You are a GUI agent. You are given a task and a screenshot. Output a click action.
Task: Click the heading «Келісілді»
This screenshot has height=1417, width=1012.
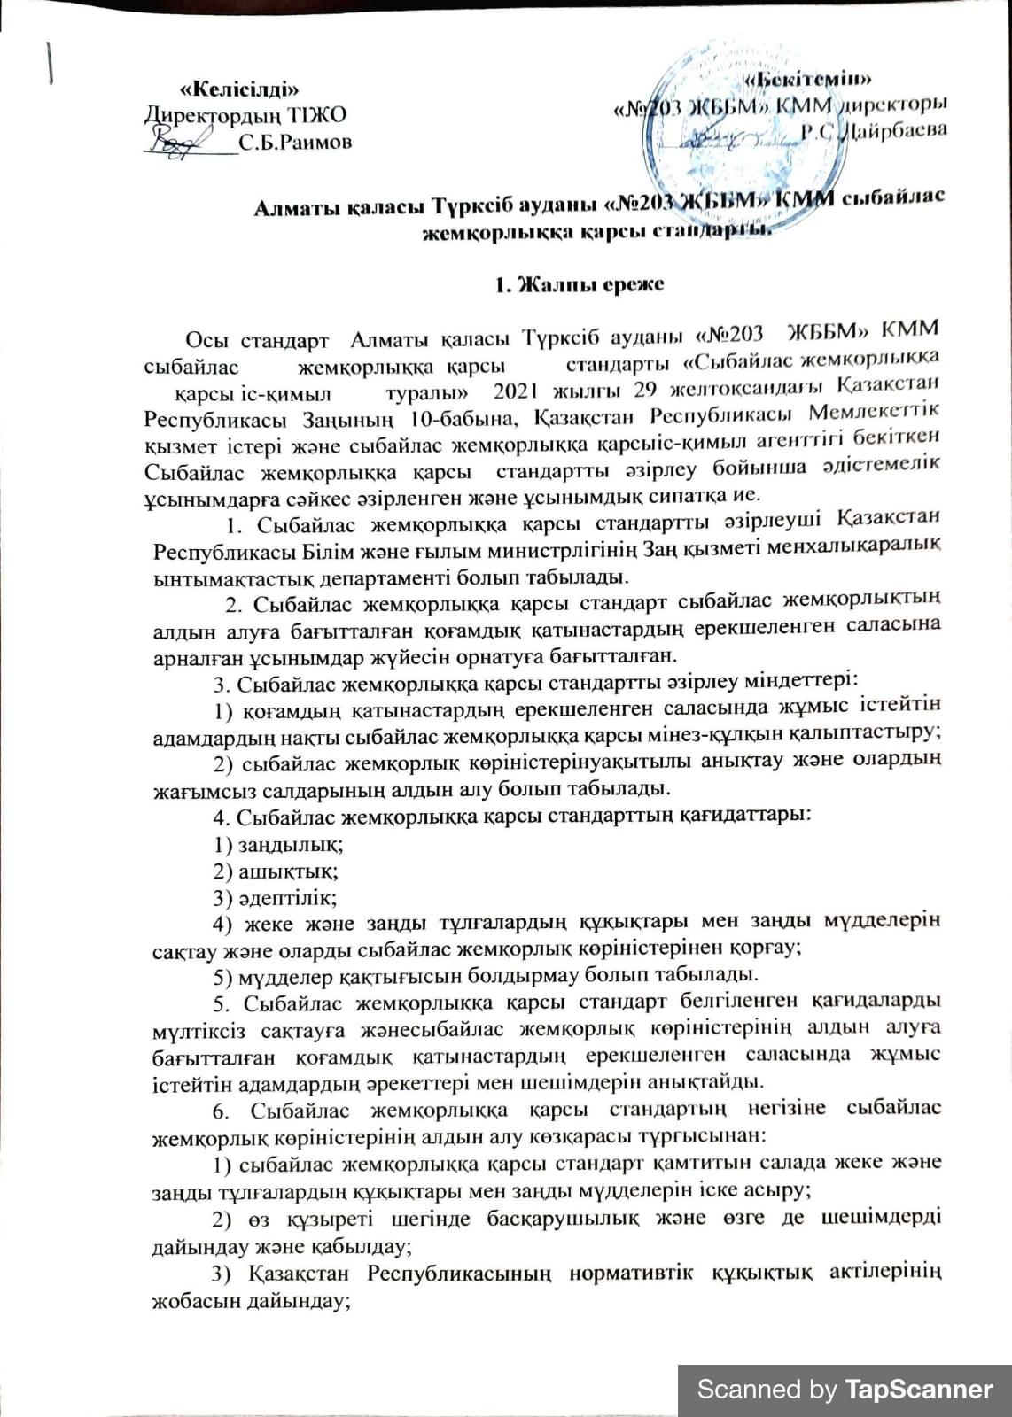pos(238,89)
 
